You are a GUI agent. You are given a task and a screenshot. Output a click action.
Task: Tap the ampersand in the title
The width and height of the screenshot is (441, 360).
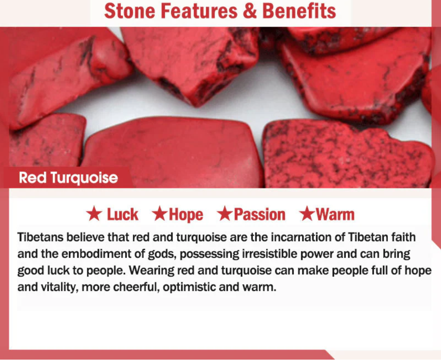pyautogui.click(x=250, y=11)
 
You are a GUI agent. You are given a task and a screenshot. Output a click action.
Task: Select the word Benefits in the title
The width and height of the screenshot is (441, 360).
pyautogui.click(x=299, y=11)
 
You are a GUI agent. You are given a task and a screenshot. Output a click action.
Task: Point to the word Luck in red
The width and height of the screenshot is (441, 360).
pyautogui.click(x=122, y=215)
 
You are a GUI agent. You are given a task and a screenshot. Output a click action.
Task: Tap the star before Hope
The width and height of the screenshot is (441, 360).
pyautogui.click(x=159, y=215)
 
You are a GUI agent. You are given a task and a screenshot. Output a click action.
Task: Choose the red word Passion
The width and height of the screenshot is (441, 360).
pyautogui.click(x=259, y=215)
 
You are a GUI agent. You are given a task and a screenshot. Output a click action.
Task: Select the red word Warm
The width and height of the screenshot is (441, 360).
pyautogui.click(x=335, y=215)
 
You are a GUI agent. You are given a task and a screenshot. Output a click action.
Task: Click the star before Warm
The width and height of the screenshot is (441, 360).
pyautogui.click(x=307, y=215)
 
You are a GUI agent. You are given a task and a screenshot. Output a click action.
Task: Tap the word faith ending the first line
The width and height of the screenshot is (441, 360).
pyautogui.click(x=404, y=237)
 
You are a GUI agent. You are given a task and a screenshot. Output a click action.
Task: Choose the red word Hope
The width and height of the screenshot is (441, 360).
pyautogui.click(x=186, y=215)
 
